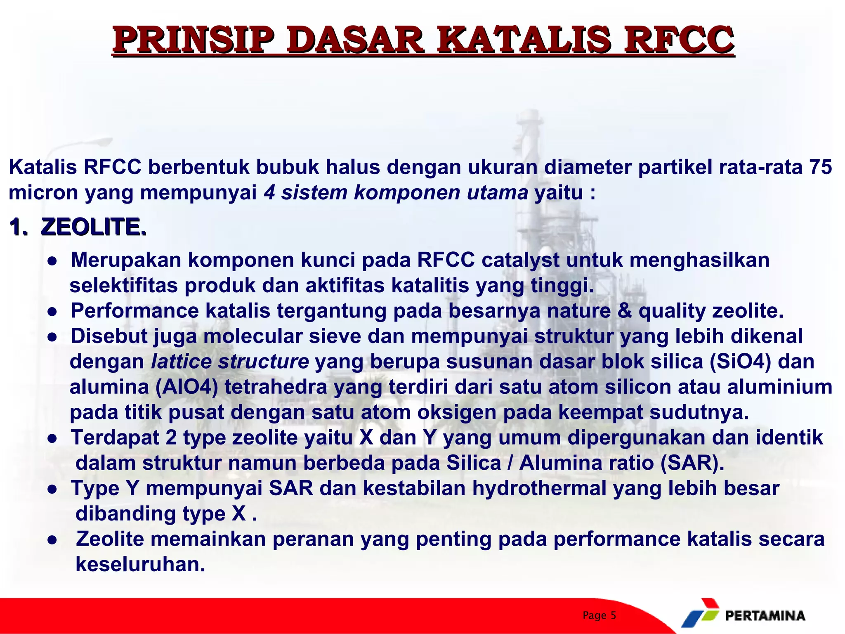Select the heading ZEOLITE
tap(94, 227)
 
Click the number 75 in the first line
tap(820, 167)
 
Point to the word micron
tap(43, 193)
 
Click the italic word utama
tap(497, 193)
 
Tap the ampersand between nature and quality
tap(624, 311)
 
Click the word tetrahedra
tap(276, 387)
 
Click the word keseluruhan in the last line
tap(140, 564)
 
